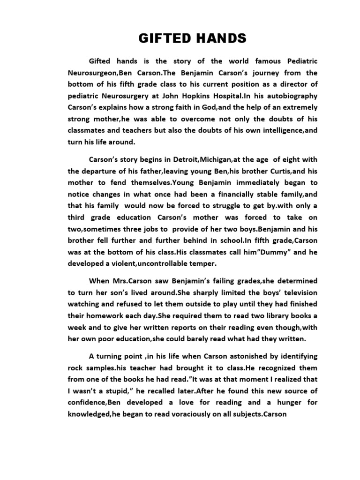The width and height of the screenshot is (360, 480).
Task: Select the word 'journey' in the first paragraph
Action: click(x=259, y=73)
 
